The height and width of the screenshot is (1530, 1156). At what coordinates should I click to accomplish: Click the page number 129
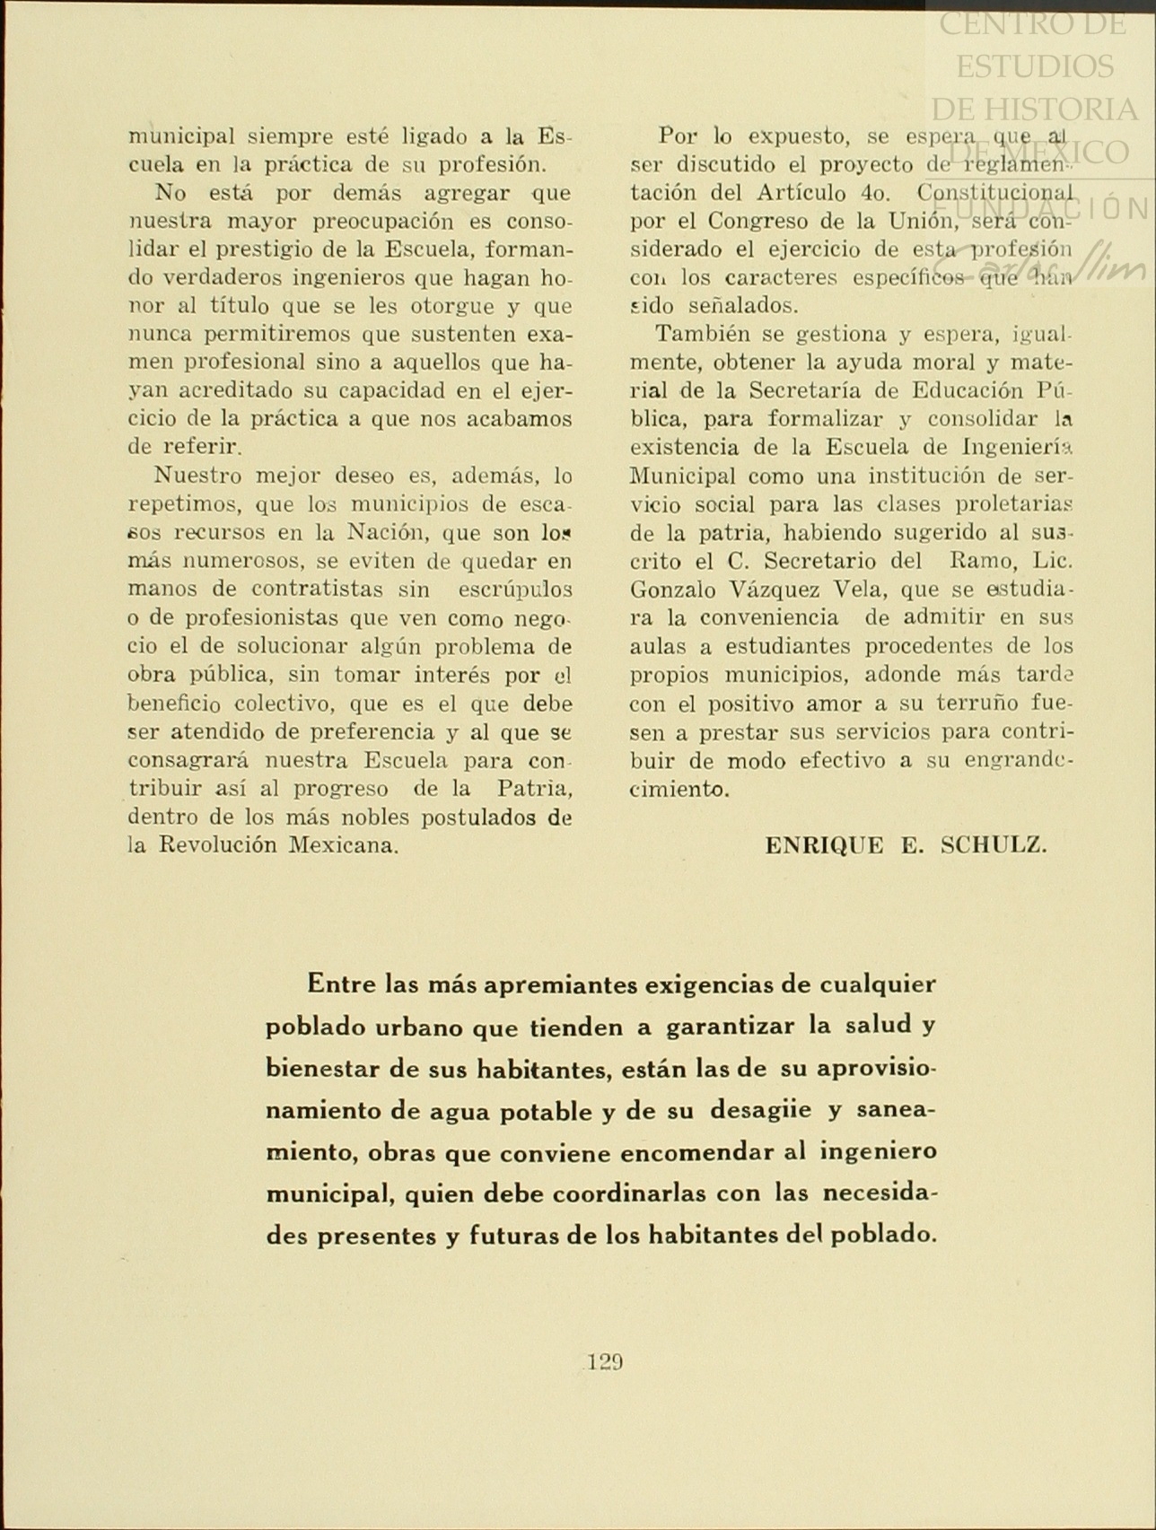(605, 1361)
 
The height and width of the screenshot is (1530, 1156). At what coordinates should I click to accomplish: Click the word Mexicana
(343, 845)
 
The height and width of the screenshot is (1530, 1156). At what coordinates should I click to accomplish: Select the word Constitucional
(995, 193)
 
